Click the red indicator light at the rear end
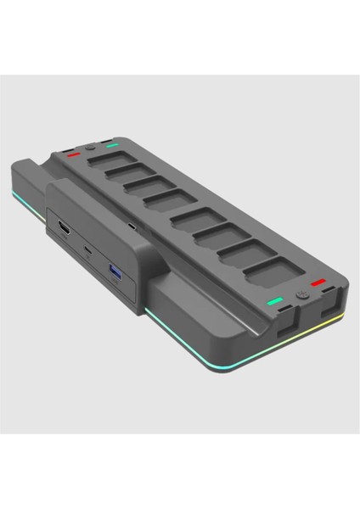tap(72, 155)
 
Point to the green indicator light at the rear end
tap(112, 145)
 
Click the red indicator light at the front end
tap(318, 282)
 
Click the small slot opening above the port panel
tap(132, 227)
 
